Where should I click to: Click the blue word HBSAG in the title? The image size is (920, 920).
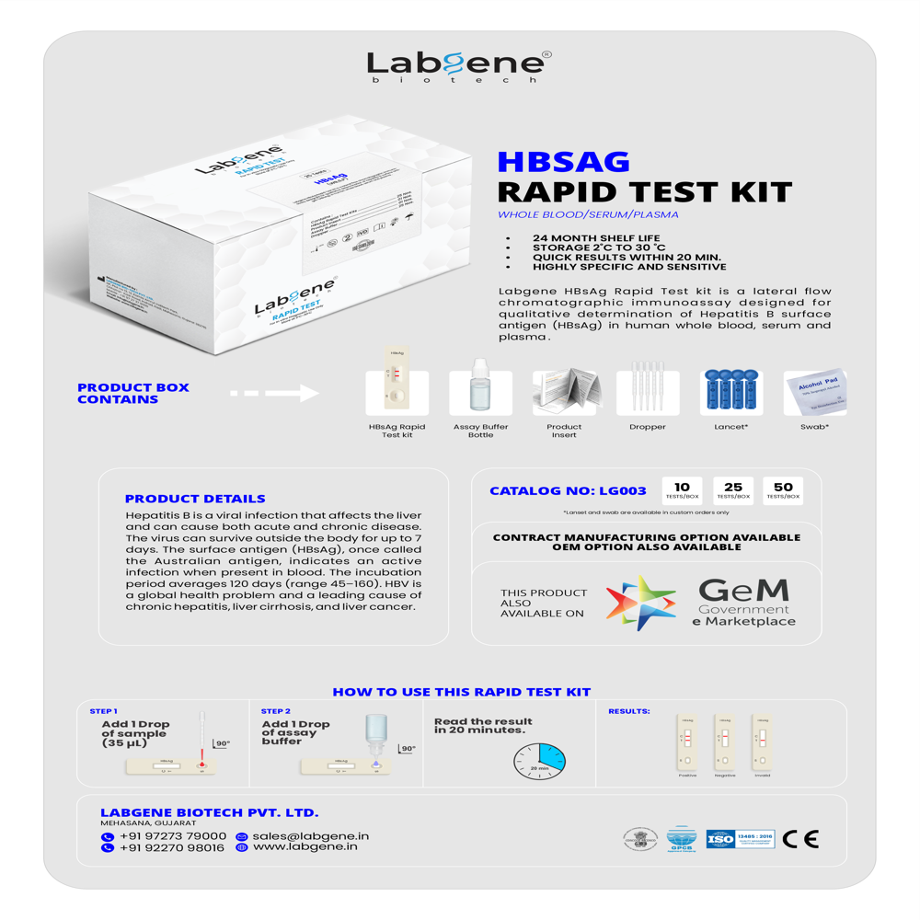point(563,162)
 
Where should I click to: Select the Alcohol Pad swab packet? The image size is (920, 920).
point(814,393)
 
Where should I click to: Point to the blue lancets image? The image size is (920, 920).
point(731,391)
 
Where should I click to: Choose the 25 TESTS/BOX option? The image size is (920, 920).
point(733,490)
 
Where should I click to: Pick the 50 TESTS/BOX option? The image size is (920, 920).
point(783,490)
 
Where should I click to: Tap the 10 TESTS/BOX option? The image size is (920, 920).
point(682,490)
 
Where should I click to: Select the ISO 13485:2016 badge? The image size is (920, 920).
point(741,839)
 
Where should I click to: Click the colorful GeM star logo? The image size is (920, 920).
point(640,603)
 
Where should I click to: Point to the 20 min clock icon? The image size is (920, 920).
point(540,761)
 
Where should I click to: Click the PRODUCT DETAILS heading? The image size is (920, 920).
point(195,498)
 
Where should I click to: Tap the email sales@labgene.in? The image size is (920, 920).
point(310,836)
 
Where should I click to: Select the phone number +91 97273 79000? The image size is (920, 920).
point(172,836)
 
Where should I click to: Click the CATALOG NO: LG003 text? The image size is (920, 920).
point(568,491)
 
